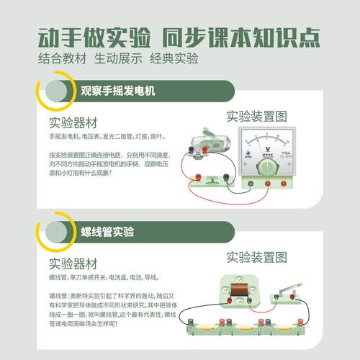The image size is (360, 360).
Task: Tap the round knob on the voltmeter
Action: coord(267,167)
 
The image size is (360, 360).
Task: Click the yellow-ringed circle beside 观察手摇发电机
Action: coord(54,92)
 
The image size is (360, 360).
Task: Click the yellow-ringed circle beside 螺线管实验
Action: coord(54,232)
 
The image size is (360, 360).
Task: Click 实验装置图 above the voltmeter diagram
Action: coord(257,115)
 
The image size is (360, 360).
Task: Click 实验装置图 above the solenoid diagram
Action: coord(257,256)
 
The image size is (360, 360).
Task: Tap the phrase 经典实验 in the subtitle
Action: coord(174,58)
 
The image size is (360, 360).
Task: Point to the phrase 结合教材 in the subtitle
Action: coord(60,58)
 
